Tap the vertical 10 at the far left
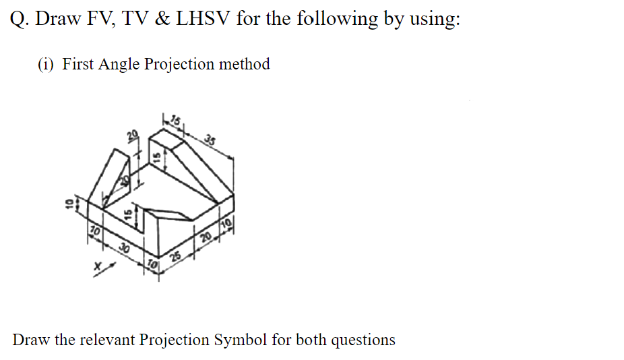tap(68, 203)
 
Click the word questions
tap(363, 339)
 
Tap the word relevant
tap(108, 339)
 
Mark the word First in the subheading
tap(78, 64)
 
